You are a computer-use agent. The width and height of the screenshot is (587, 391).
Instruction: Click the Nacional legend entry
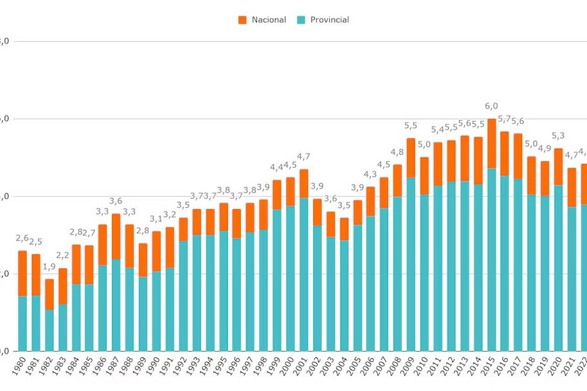(x=269, y=20)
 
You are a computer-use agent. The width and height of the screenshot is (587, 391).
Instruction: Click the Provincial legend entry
(x=329, y=20)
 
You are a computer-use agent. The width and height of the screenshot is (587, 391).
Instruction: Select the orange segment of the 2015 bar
(x=491, y=144)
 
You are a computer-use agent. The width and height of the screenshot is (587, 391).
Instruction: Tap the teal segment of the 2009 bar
(x=411, y=263)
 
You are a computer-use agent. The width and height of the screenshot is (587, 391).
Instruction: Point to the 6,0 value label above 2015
(x=491, y=107)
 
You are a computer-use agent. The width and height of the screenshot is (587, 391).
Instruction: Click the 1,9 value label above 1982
(x=49, y=267)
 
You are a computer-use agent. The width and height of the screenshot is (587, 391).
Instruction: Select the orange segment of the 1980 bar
(x=22, y=273)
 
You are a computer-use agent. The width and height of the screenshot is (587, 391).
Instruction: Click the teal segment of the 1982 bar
(x=49, y=330)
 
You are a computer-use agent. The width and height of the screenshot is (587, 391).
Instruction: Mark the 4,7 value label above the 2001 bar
(x=304, y=157)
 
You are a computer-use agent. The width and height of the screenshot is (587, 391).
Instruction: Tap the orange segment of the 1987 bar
(x=116, y=236)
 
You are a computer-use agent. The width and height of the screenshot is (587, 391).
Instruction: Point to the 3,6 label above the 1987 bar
(x=116, y=202)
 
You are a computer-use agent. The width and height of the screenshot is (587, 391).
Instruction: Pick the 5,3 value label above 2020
(x=558, y=136)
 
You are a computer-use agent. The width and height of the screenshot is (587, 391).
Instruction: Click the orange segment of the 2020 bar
(x=558, y=167)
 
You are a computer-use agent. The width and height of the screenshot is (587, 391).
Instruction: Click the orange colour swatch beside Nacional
(x=242, y=20)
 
